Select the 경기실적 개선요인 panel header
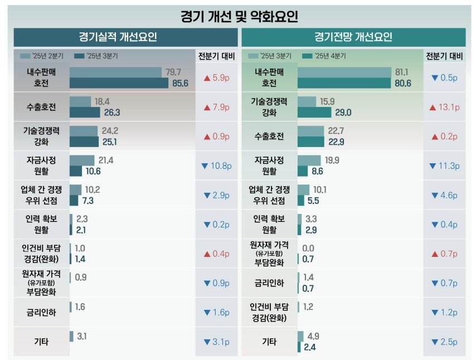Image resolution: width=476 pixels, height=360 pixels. click(125, 37)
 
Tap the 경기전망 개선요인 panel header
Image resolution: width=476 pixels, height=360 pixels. click(353, 37)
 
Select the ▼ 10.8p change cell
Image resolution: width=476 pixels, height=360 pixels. click(216, 166)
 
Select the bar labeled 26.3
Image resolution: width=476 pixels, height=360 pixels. click(85, 113)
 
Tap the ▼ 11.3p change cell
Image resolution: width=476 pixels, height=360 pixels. click(444, 166)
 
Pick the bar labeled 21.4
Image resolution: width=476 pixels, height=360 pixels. click(82, 160)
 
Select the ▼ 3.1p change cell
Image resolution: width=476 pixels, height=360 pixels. click(216, 342)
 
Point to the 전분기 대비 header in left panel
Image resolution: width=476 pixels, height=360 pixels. click(216, 56)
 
